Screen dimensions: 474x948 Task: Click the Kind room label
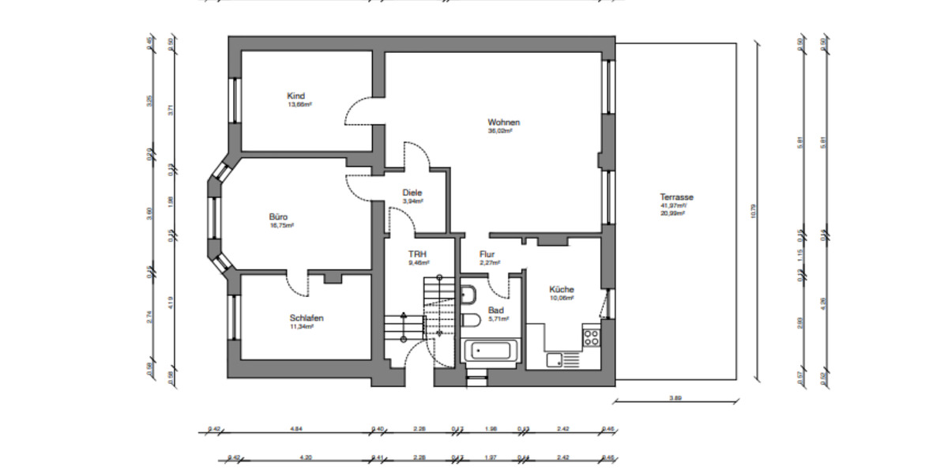click(296, 96)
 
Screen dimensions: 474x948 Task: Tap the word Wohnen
click(503, 122)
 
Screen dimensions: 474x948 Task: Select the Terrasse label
click(677, 197)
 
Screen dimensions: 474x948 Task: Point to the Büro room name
click(277, 216)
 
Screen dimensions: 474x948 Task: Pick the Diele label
click(412, 192)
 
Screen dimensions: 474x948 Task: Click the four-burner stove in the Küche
click(591, 338)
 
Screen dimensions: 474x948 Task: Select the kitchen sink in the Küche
click(555, 359)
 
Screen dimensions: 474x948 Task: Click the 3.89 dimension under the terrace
click(674, 398)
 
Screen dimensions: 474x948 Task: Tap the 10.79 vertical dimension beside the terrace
click(753, 211)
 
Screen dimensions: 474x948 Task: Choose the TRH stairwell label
click(417, 254)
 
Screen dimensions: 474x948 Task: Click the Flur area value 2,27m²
click(487, 262)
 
